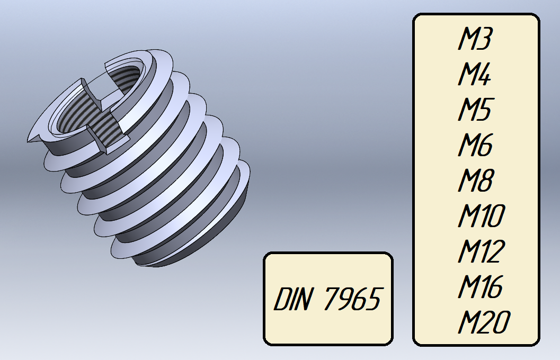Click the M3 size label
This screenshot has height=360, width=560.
click(x=475, y=38)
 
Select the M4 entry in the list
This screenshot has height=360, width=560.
click(x=475, y=74)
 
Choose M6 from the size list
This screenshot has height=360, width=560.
click(x=475, y=145)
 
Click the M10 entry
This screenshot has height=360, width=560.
click(x=482, y=215)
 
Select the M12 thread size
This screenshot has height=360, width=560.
click(x=482, y=251)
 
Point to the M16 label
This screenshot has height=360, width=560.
click(x=481, y=286)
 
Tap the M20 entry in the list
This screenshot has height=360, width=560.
click(x=484, y=322)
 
